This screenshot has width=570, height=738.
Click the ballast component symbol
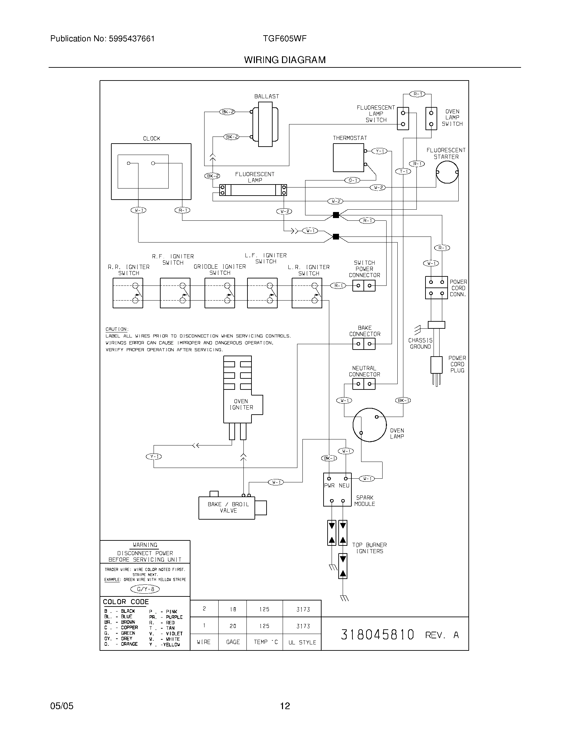pyautogui.click(x=266, y=127)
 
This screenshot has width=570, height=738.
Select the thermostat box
pyautogui.click(x=348, y=157)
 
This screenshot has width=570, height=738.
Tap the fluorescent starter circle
pyautogui.click(x=447, y=172)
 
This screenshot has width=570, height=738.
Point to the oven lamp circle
pyautogui.click(x=369, y=425)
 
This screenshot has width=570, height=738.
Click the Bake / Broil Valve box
pyautogui.click(x=227, y=508)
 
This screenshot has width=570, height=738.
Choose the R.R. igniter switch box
pyautogui.click(x=128, y=293)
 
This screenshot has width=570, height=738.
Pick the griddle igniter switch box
pyautogui.click(x=220, y=293)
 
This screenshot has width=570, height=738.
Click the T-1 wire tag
pyautogui.click(x=403, y=171)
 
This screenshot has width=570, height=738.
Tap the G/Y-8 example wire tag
pyautogui.click(x=145, y=589)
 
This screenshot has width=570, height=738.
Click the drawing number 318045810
pyautogui.click(x=377, y=635)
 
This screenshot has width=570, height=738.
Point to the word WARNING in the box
pyautogui.click(x=145, y=545)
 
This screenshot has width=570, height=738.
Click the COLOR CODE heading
pyautogui.click(x=126, y=602)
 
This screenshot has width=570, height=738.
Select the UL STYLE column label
pyautogui.click(x=302, y=642)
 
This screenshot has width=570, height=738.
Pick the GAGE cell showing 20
pyautogui.click(x=233, y=626)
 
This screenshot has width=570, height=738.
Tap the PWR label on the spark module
pyautogui.click(x=329, y=486)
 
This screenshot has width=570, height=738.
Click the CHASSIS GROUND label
pyautogui.click(x=420, y=343)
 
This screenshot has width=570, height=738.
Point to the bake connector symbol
pyautogui.click(x=364, y=344)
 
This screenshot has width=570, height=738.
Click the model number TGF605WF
pyautogui.click(x=285, y=39)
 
